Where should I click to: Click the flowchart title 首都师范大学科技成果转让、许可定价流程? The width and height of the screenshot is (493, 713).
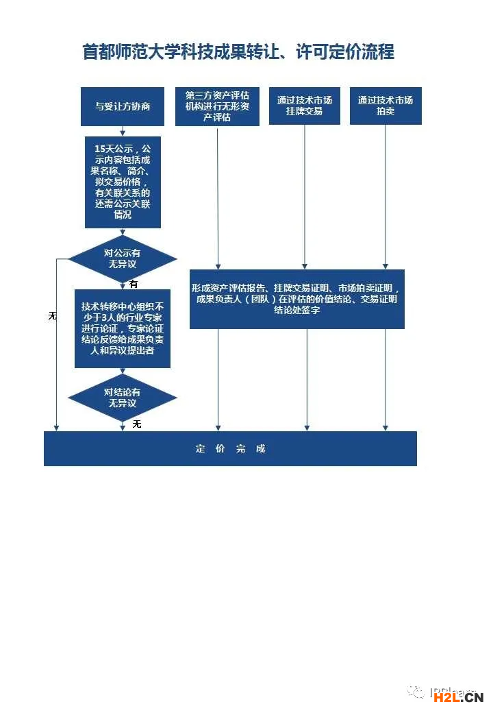pos(238,52)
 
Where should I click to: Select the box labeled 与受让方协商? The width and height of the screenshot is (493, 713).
pos(123,106)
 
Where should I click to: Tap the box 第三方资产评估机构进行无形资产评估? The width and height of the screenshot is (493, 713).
pos(217,107)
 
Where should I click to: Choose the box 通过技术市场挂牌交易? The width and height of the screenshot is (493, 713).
pos(305,106)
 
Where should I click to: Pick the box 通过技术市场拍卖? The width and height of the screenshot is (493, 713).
pos(385,106)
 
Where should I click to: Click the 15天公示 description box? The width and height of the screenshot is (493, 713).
pos(123,182)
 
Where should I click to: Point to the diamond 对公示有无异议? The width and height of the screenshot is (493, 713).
pos(123,259)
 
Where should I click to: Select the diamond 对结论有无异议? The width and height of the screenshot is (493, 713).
pos(123,398)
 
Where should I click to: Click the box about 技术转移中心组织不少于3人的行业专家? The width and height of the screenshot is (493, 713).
pos(123,328)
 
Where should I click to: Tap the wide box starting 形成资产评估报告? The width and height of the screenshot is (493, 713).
pos(296,299)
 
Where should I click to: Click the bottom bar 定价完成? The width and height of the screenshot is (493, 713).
pos(230,449)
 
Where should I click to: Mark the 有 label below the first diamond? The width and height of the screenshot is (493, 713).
pos(134,284)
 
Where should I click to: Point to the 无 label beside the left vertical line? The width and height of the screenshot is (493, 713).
pos(52,316)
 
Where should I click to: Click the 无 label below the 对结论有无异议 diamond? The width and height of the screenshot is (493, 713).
pos(136,424)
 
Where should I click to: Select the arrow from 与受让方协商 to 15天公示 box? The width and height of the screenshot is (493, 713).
pos(123,131)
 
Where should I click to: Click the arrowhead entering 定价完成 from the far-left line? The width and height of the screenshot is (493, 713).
pos(56,427)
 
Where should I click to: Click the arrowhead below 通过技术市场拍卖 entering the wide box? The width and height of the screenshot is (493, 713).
pos(385,265)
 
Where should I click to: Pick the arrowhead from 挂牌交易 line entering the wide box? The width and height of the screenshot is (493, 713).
pos(305,265)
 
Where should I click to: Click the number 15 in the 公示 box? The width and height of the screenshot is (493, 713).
pos(101,149)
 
